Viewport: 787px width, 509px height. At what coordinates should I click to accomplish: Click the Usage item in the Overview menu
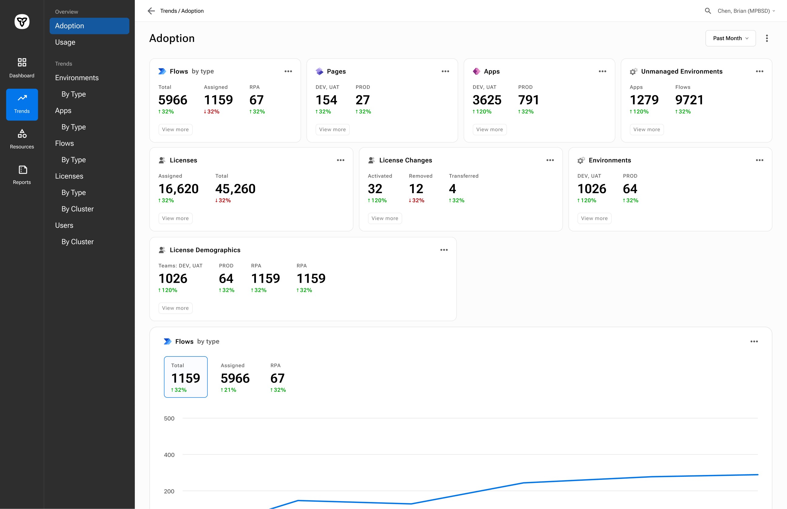tap(65, 42)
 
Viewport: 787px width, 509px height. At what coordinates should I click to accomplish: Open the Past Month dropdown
tap(730, 38)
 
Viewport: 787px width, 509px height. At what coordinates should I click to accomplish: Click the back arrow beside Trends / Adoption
tap(151, 11)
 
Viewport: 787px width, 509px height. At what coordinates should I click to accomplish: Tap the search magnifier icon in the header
tap(708, 11)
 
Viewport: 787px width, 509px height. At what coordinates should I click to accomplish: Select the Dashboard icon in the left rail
tap(22, 62)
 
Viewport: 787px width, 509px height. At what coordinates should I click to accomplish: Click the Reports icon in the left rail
tap(22, 169)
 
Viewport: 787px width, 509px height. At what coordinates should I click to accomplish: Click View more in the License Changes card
tap(385, 218)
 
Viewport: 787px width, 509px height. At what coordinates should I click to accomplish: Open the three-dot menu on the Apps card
tap(602, 71)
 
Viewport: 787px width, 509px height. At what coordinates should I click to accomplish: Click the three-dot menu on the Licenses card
tap(340, 160)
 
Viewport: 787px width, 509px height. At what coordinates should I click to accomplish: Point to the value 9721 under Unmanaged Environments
tap(689, 100)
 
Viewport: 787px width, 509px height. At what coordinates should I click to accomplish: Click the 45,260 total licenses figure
tap(235, 189)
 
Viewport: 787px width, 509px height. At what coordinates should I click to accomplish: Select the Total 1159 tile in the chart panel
tap(186, 377)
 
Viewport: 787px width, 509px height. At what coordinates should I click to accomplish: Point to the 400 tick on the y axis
tap(169, 455)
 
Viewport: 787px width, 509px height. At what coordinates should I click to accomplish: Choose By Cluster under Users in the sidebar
tap(77, 242)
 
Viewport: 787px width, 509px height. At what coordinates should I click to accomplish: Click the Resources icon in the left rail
tap(22, 134)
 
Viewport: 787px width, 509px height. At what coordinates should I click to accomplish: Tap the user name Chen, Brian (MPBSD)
tap(744, 11)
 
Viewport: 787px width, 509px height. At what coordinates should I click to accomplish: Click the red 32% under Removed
tap(417, 200)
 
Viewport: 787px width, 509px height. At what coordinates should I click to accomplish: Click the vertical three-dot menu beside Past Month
tap(767, 38)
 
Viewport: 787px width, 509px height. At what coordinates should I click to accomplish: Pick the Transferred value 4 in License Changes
tap(452, 189)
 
